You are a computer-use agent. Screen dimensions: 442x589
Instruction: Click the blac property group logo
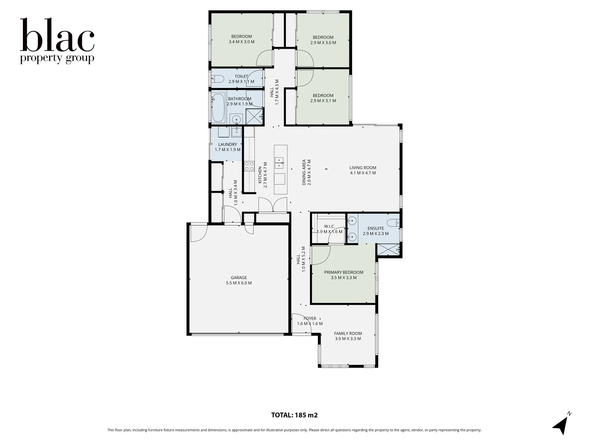click(x=57, y=41)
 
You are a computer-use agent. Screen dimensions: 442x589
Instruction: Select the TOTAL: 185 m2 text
click(x=294, y=415)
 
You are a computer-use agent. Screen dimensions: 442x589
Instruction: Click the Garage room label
click(x=239, y=280)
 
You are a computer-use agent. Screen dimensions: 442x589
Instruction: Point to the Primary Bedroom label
click(x=344, y=275)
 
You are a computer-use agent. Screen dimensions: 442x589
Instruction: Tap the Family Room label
click(x=348, y=336)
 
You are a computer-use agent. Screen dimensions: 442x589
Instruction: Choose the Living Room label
click(x=363, y=170)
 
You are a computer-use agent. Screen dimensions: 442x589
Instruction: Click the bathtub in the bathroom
click(x=218, y=108)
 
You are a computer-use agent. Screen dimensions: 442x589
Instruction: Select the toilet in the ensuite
click(x=393, y=223)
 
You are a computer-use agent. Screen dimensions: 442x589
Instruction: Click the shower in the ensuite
click(x=388, y=250)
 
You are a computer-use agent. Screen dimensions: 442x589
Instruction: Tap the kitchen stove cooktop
click(x=249, y=166)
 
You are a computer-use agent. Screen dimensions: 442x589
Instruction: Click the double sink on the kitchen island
click(x=280, y=162)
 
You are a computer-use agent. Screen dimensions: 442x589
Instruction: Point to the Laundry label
click(x=227, y=147)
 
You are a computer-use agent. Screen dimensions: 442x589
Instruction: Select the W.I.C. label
click(x=329, y=229)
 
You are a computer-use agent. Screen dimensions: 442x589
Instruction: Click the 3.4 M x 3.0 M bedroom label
click(x=241, y=39)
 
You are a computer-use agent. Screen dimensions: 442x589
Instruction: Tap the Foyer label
click(x=310, y=321)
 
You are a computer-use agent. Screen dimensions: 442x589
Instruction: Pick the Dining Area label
click(x=307, y=172)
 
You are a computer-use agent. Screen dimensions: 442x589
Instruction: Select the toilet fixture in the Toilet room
click(x=217, y=79)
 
